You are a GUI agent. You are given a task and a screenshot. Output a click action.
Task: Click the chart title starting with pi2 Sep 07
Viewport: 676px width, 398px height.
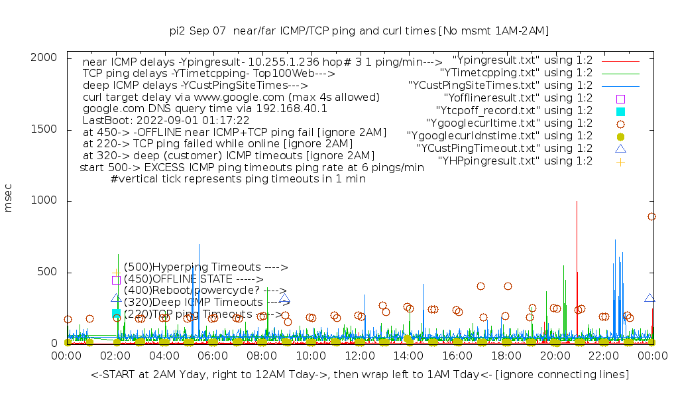[359, 31]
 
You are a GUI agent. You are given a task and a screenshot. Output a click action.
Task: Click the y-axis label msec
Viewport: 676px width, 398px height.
[9, 198]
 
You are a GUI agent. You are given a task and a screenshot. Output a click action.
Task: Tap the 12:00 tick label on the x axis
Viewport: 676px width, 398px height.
[360, 357]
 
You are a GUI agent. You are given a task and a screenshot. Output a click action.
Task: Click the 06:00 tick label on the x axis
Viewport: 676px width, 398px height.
[213, 357]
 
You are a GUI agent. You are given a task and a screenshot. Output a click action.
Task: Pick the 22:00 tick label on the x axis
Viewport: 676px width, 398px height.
[604, 357]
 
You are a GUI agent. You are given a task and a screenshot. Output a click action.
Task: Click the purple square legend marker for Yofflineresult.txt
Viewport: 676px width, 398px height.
[620, 98]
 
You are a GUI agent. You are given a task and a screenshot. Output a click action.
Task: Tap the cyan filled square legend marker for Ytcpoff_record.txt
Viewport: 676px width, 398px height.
[620, 111]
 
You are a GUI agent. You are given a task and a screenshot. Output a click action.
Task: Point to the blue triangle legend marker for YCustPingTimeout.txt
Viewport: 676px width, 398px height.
[620, 149]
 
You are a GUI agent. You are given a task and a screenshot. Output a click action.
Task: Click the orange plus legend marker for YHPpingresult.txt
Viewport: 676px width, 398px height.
[620, 161]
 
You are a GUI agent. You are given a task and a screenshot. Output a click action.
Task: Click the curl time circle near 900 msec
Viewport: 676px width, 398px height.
[651, 216]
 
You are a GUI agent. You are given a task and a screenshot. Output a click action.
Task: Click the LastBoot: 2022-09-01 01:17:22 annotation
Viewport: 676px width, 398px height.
[166, 121]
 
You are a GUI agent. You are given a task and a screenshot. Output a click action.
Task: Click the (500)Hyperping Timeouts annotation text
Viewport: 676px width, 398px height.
[205, 267]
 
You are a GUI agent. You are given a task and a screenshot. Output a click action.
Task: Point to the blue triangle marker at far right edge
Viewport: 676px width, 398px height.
[649, 298]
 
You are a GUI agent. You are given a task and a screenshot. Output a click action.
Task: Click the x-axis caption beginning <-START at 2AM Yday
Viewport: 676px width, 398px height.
[360, 375]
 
